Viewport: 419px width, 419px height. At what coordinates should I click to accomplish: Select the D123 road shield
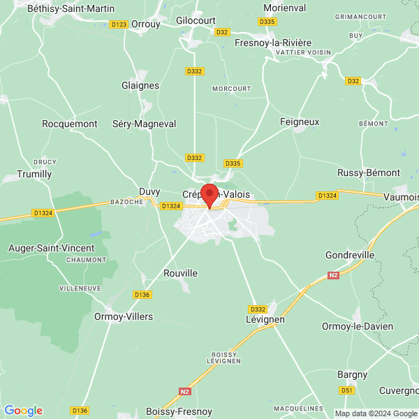[119, 24]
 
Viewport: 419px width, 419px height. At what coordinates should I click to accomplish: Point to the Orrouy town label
[146, 23]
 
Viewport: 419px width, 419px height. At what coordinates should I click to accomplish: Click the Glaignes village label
[140, 85]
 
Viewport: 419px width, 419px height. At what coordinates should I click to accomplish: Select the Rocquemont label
[70, 124]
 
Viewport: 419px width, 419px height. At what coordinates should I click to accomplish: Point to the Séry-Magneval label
[145, 124]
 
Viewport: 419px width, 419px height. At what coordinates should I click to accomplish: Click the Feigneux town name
[300, 122]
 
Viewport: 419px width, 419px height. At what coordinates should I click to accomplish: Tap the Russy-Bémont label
[369, 172]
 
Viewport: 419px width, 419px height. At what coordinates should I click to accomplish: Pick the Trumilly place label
[35, 174]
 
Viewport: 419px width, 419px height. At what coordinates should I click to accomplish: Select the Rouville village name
[180, 273]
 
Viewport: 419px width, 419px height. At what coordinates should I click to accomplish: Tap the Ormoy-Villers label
[124, 316]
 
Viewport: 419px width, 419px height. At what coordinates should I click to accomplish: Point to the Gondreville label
[350, 255]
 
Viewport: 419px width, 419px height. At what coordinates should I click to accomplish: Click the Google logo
[23, 411]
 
